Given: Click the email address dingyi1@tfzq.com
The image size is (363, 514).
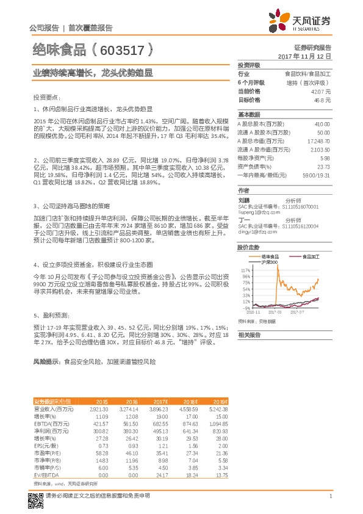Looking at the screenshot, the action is pos(257,230).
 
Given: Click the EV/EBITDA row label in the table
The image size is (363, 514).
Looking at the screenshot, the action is pos(47,474).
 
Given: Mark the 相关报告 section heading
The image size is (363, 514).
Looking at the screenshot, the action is pos(249,335).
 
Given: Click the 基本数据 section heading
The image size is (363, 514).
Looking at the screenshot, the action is pos(249,115).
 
